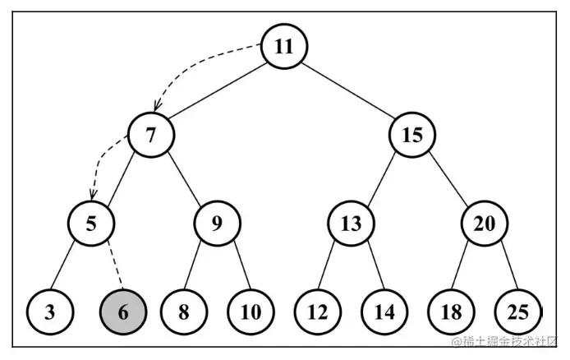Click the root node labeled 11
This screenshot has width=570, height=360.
click(x=284, y=47)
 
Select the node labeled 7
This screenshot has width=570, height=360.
click(x=151, y=135)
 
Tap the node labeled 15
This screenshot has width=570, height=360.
click(x=412, y=135)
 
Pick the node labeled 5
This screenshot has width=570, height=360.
click(x=91, y=224)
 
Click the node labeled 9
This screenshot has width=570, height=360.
click(x=217, y=224)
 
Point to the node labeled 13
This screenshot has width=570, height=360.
click(x=352, y=224)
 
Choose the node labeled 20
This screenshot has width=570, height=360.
click(x=485, y=224)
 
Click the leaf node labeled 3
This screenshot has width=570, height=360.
click(x=50, y=312)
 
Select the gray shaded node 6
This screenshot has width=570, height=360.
click(x=123, y=312)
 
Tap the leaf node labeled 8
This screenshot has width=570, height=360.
click(x=184, y=312)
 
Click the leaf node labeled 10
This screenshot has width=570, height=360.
click(x=251, y=312)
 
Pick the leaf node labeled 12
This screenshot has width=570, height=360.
click(x=318, y=312)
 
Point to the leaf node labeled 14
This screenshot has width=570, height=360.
click(x=384, y=312)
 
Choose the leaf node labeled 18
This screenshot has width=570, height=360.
click(x=452, y=312)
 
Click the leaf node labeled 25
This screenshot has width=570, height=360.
click(x=518, y=312)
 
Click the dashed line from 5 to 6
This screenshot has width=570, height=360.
click(x=116, y=265)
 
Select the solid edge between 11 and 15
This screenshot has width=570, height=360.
click(x=348, y=90)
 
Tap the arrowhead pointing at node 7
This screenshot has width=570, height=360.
click(x=157, y=106)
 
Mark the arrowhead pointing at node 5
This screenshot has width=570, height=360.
click(x=93, y=195)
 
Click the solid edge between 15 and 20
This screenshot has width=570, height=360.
click(x=448, y=179)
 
